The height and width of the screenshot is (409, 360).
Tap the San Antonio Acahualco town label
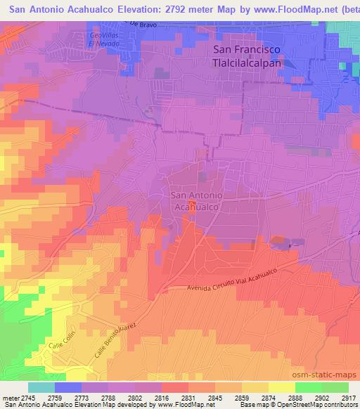pyautogui.click(x=197, y=202)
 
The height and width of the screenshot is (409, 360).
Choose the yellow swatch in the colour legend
pyautogui.click(x=281, y=387)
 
